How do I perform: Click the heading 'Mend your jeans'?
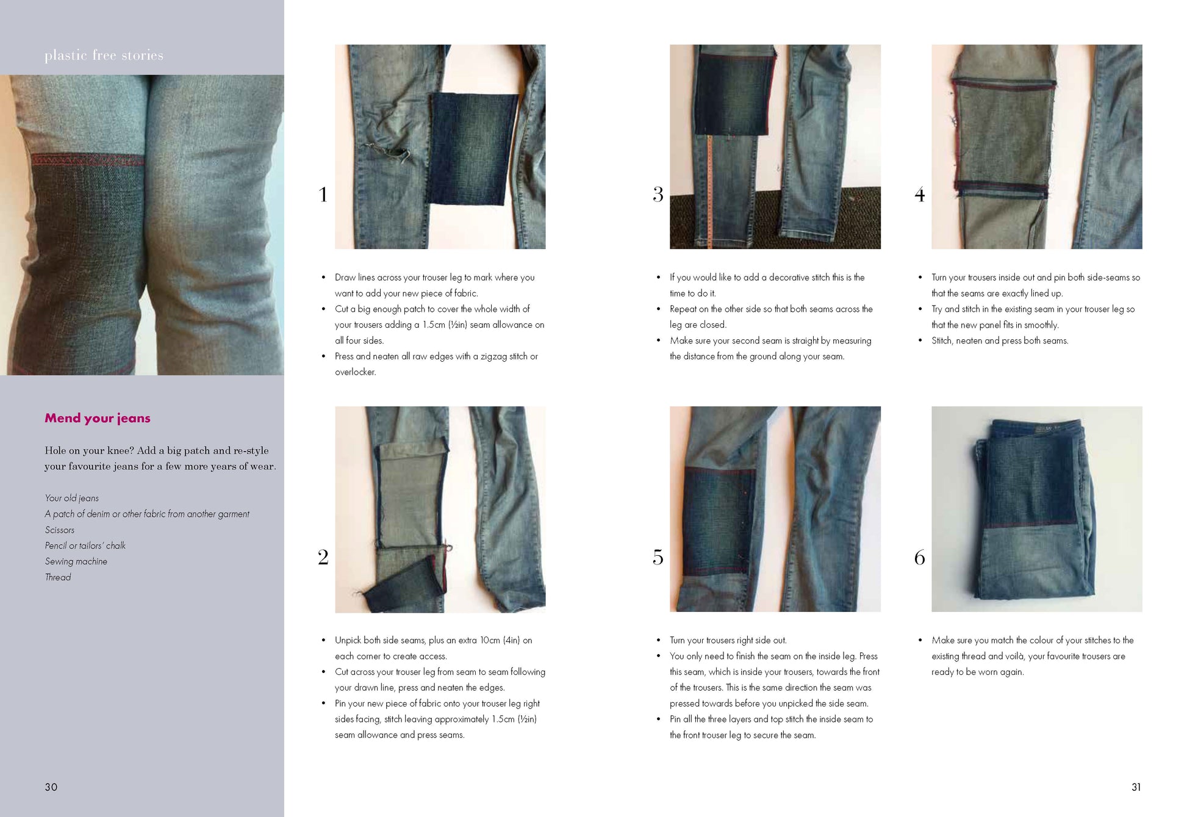(97, 418)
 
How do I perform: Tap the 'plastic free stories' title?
(104, 56)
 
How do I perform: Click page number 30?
(51, 787)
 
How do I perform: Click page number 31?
(1136, 787)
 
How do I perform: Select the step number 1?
(323, 195)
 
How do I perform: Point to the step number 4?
(919, 195)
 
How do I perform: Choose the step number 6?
(919, 557)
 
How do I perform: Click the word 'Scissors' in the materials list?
(59, 530)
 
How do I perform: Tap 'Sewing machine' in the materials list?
(76, 561)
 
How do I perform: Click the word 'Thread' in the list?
(57, 577)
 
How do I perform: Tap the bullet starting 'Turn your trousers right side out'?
(728, 640)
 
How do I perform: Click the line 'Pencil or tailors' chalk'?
(85, 545)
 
